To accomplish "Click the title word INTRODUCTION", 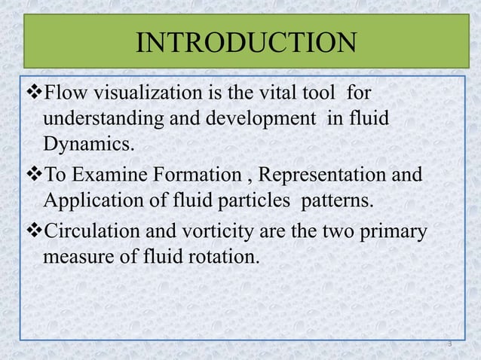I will tap(245, 42).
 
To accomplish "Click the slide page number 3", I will tap(449, 344).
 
